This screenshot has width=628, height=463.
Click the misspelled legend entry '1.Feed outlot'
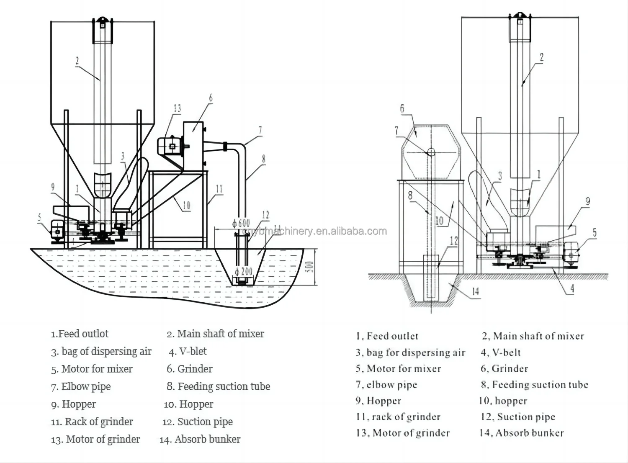tap(80, 334)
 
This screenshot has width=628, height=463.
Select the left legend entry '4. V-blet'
tap(188, 351)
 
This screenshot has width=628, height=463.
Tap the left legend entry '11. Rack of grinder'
tap(92, 422)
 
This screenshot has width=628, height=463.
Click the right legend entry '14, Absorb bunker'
tap(522, 433)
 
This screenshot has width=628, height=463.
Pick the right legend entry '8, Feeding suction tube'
tap(534, 385)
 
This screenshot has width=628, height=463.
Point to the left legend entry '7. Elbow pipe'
tap(81, 386)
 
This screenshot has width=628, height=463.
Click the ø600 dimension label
tap(241, 224)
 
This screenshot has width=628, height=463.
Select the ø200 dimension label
tap(243, 271)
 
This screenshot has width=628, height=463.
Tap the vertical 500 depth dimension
tap(309, 266)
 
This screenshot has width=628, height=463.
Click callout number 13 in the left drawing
tap(177, 108)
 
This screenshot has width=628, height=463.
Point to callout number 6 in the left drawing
tap(211, 98)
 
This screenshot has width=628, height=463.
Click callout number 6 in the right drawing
tap(402, 109)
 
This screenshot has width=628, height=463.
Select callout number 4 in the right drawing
tap(572, 288)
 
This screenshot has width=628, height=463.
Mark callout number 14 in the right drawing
tap(475, 291)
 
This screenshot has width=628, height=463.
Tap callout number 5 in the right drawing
tap(595, 233)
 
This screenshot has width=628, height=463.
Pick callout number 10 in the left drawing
tap(186, 205)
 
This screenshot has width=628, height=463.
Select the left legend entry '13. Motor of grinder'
tap(95, 439)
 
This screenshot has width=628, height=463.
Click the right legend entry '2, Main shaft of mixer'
tap(533, 336)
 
